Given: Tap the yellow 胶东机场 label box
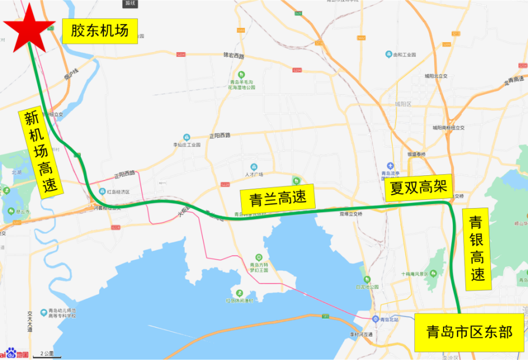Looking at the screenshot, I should tap(100, 30).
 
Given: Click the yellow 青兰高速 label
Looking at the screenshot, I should tap(277, 198).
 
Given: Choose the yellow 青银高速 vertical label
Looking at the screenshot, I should tap(476, 249).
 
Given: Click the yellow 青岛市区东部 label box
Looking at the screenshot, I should tap(469, 332).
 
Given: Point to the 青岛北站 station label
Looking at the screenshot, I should tap(388, 319).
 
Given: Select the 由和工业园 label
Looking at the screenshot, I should tap(405, 55).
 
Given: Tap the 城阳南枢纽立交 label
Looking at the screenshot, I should tap(448, 127).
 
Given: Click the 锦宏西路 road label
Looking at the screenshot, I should tap(233, 56).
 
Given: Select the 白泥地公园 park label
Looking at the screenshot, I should tap(367, 287).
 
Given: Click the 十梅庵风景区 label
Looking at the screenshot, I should tap(418, 274).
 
